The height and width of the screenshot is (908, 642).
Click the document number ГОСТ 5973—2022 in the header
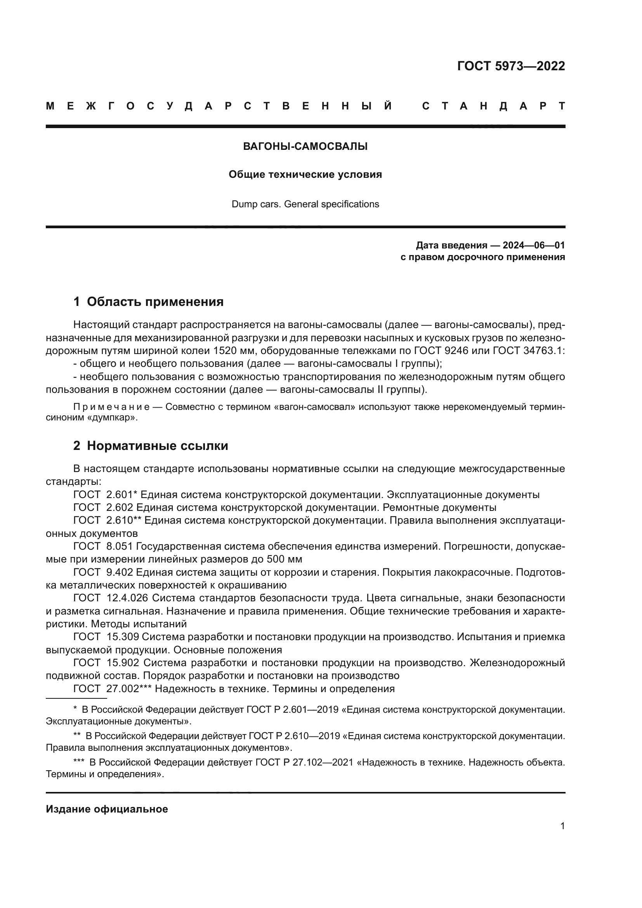coord(511,66)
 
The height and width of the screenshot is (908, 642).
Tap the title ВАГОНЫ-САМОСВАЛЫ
coord(305,147)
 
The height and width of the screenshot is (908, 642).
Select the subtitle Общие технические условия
coord(305,174)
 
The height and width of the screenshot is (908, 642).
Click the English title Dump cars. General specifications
coord(305,204)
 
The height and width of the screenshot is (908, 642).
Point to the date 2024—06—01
coord(533,245)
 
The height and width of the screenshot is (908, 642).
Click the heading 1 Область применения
coord(148,302)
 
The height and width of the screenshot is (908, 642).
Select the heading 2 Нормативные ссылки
coord(151,446)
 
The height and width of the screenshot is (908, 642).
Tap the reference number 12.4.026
coord(127,598)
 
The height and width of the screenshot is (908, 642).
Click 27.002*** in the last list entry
coord(129,689)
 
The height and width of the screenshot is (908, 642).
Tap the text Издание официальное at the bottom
coord(107,809)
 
